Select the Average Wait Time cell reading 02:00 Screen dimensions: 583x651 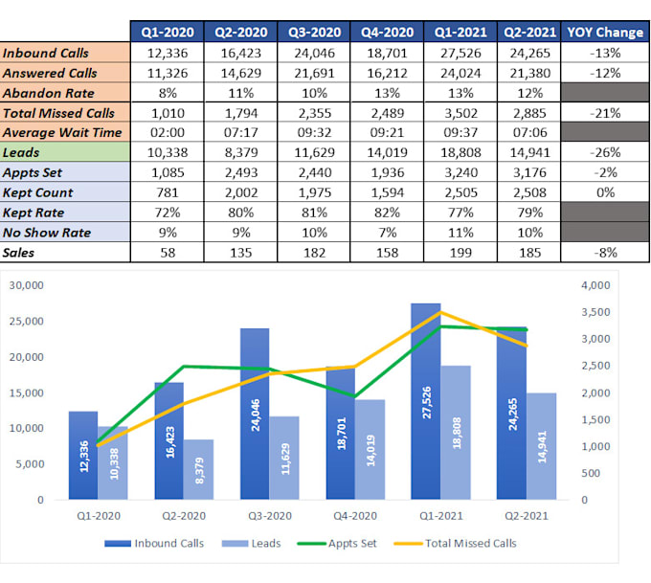point(168,132)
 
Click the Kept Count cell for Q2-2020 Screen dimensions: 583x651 point(241,192)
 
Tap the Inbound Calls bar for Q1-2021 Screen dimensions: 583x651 point(426,401)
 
